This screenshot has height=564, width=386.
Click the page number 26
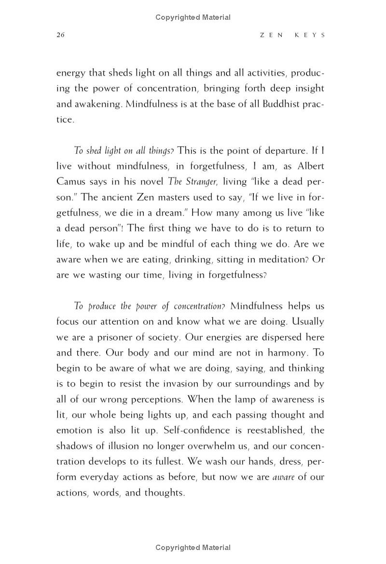pyautogui.click(x=60, y=35)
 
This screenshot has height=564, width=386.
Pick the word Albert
pyautogui.click(x=307, y=166)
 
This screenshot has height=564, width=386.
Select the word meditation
pyautogui.click(x=277, y=259)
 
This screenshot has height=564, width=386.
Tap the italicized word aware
pyautogui.click(x=283, y=477)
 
